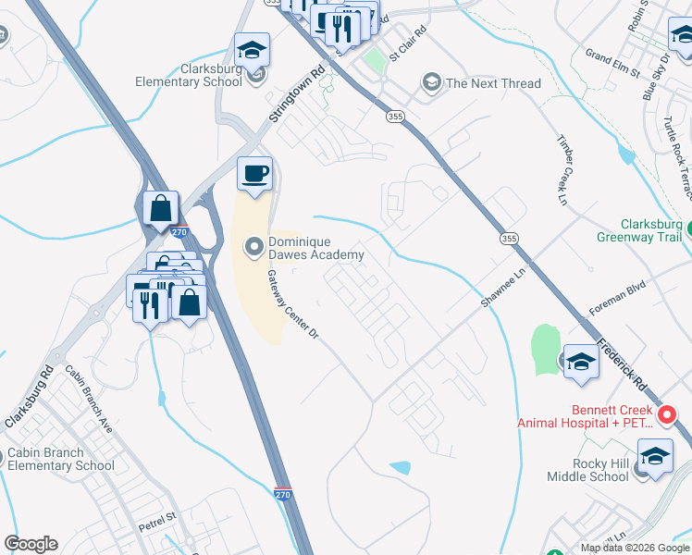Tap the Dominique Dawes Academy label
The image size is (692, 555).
(315, 248)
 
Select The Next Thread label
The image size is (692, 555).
(493, 83)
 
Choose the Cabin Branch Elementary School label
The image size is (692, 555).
(58, 460)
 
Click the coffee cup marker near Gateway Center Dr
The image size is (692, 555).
(255, 172)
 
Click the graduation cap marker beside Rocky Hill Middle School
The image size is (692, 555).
(655, 456)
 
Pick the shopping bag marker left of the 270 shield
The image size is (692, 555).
(161, 207)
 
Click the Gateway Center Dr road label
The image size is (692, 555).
(292, 303)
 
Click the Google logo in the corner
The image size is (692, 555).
(31, 544)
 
